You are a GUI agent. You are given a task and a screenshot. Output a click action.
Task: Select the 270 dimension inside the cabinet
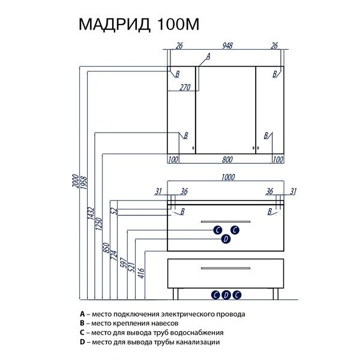pos(184,87)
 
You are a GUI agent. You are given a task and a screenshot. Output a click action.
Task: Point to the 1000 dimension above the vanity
pos(227,178)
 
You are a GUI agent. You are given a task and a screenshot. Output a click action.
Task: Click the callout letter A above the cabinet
pos(208,56)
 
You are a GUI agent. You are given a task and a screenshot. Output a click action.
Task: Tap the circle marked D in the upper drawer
pos(226,239)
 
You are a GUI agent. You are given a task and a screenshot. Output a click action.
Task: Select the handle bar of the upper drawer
pos(226,222)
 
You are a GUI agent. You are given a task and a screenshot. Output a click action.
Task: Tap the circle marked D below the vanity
pos(226,294)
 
